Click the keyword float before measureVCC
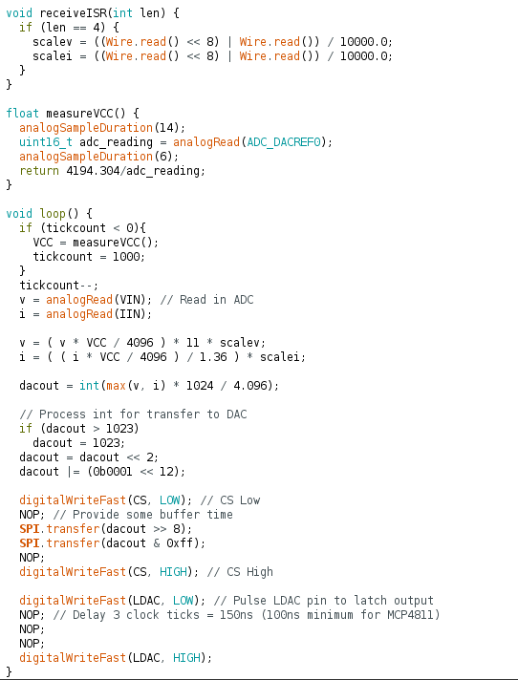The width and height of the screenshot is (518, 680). coord(23,114)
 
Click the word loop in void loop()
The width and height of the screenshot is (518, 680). coord(53,214)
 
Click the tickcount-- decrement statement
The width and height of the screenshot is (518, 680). coord(59,285)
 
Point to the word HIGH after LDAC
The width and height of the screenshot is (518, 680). coord(186,657)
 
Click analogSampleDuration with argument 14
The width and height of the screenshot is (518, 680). coord(86,128)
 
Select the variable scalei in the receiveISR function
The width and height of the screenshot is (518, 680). coord(52,56)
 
